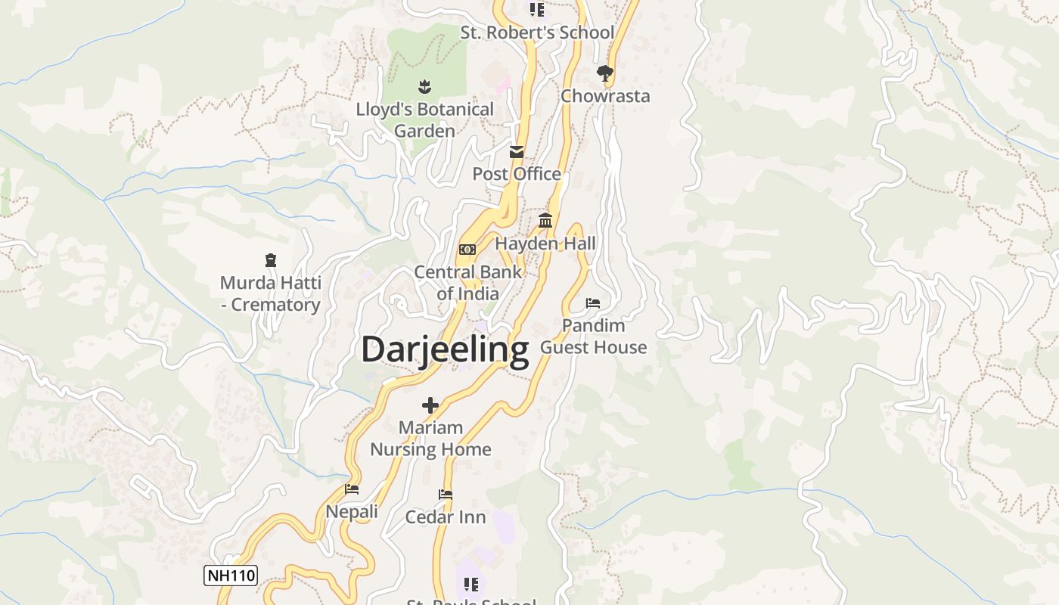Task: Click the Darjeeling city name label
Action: pyautogui.click(x=445, y=350)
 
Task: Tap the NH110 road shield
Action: pyautogui.click(x=231, y=576)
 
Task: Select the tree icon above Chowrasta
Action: pyautogui.click(x=604, y=73)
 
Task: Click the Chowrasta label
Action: pyautogui.click(x=605, y=96)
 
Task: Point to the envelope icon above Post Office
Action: pyautogui.click(x=517, y=152)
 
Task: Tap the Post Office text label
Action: pyautogui.click(x=517, y=174)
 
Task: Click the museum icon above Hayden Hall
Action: pyautogui.click(x=545, y=221)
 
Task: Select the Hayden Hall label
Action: pyautogui.click(x=545, y=244)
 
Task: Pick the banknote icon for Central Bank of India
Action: pyautogui.click(x=467, y=249)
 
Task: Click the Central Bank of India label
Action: pyautogui.click(x=467, y=283)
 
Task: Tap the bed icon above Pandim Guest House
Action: pyautogui.click(x=593, y=303)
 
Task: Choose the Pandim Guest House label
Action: pyautogui.click(x=594, y=337)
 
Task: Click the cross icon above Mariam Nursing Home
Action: pyautogui.click(x=430, y=405)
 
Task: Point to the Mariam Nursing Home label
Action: pyautogui.click(x=430, y=439)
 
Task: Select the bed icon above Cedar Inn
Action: pyautogui.click(x=446, y=495)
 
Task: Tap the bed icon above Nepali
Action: pyautogui.click(x=352, y=489)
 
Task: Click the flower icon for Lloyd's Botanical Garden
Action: pyautogui.click(x=424, y=87)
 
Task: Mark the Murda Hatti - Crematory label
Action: pyautogui.click(x=271, y=293)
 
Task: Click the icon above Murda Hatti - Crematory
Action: pyautogui.click(x=271, y=261)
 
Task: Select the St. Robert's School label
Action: pyautogui.click(x=537, y=33)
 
